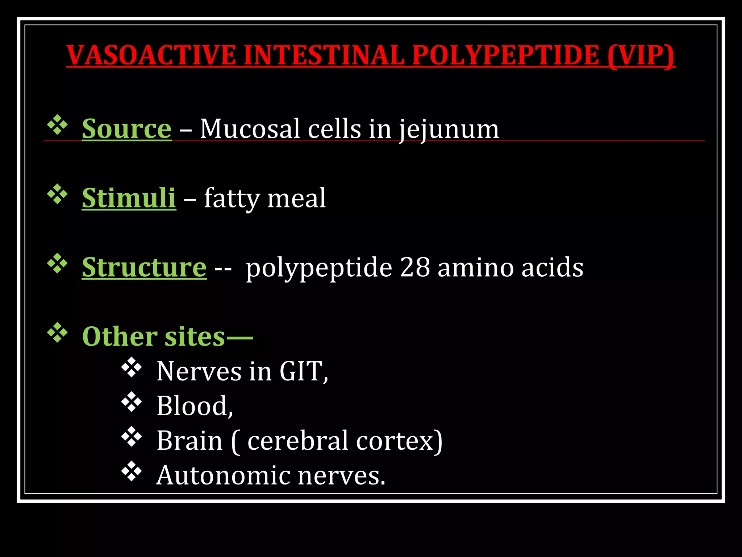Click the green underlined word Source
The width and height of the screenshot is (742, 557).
coord(126,129)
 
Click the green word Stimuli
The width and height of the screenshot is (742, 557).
coord(129,198)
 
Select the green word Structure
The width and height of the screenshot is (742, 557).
coord(144,267)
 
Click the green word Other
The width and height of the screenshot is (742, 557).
coord(120,337)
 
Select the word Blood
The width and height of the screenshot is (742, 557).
coord(192,406)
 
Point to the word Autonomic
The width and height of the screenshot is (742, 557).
coord(223,475)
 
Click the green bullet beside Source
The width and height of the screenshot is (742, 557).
coord(57,125)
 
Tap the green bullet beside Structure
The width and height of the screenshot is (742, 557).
coord(57,264)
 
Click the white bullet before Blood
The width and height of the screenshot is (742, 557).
coord(131,402)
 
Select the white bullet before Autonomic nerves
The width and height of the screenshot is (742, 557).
coord(131,471)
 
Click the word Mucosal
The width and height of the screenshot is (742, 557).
coord(250,129)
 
